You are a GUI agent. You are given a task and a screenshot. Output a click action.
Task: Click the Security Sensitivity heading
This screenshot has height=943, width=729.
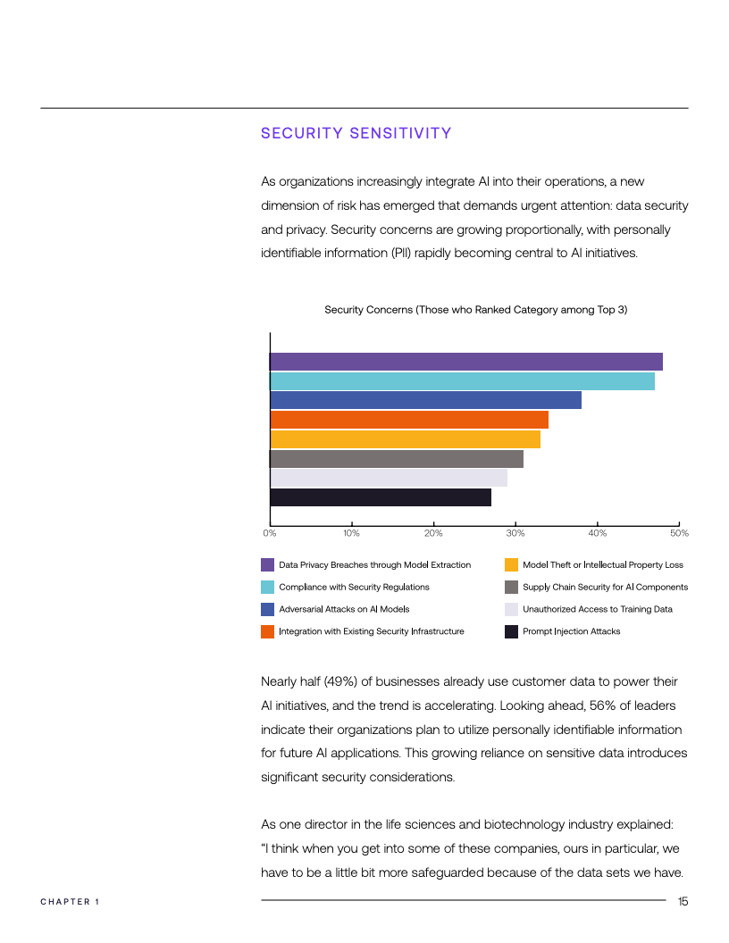pyautogui.click(x=356, y=134)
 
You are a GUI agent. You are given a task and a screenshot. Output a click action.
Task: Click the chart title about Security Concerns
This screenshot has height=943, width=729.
pyautogui.click(x=475, y=310)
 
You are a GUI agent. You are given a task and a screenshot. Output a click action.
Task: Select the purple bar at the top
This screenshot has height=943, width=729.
pyautogui.click(x=465, y=362)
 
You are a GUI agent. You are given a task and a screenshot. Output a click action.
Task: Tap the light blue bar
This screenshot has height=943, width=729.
pyautogui.click(x=462, y=381)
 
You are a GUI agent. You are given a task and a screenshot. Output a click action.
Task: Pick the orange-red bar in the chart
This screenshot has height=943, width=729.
pyautogui.click(x=408, y=420)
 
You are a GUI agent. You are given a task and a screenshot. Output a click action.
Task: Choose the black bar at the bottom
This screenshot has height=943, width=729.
pyautogui.click(x=380, y=497)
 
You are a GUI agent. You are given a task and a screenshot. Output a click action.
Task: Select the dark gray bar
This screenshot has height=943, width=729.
pyautogui.click(x=396, y=459)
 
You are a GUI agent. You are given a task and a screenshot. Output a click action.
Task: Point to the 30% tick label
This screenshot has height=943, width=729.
pyautogui.click(x=515, y=534)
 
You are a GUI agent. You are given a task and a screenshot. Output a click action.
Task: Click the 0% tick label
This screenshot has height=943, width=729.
pyautogui.click(x=269, y=534)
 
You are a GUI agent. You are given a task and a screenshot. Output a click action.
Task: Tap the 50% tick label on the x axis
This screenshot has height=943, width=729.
pyautogui.click(x=679, y=534)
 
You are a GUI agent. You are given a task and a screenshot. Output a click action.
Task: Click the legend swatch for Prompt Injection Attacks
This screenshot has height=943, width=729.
pyautogui.click(x=511, y=631)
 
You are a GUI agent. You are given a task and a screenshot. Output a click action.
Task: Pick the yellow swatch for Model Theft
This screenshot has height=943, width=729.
pyautogui.click(x=511, y=564)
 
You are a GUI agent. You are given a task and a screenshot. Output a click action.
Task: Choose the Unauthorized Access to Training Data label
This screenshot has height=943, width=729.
pyautogui.click(x=597, y=609)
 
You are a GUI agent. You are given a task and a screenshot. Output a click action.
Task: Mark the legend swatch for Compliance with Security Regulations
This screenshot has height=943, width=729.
pyautogui.click(x=267, y=587)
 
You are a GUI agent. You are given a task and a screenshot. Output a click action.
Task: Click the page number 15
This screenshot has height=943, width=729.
pyautogui.click(x=683, y=902)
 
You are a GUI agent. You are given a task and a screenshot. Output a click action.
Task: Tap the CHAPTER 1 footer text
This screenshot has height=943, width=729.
pyautogui.click(x=70, y=902)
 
